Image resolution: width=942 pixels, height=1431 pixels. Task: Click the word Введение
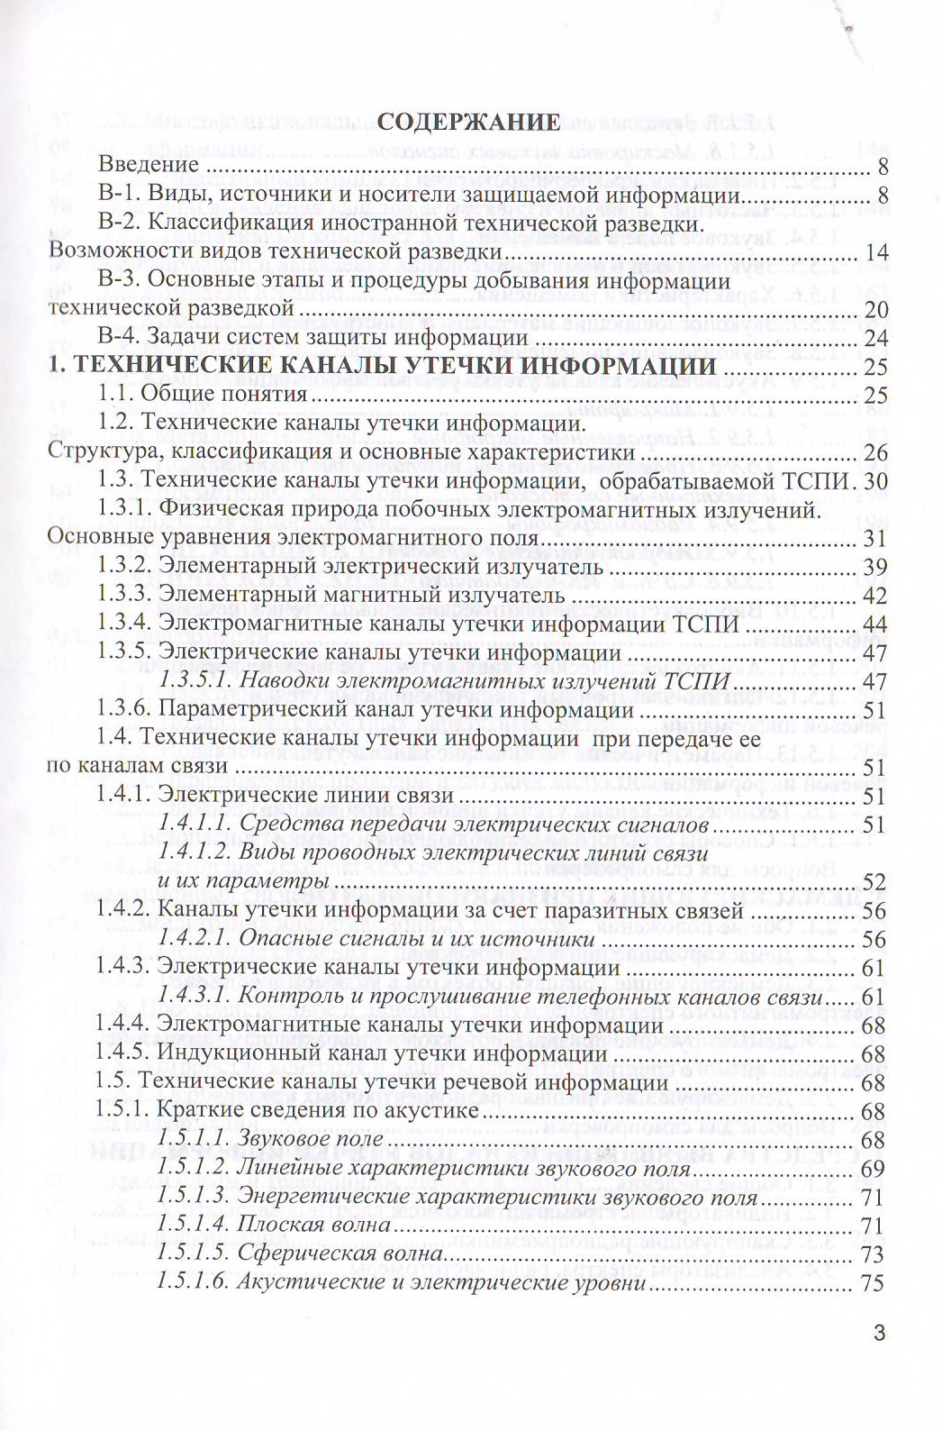coord(148,165)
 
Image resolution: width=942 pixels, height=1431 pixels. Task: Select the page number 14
coord(876,252)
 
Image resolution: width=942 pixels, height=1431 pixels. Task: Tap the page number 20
coord(876,309)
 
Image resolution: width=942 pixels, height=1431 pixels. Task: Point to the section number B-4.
coord(119,337)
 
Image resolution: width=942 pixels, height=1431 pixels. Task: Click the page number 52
coord(875,881)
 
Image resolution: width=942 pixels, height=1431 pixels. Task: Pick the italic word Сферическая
coord(294,1253)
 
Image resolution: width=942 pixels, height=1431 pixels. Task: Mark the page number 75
coord(875,1283)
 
